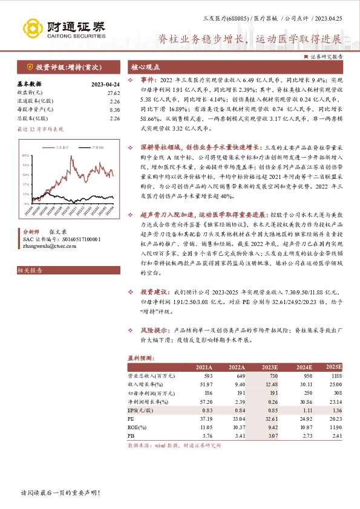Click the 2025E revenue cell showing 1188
point(336,375)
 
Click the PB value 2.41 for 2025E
point(336,435)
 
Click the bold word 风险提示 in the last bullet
point(155,331)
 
